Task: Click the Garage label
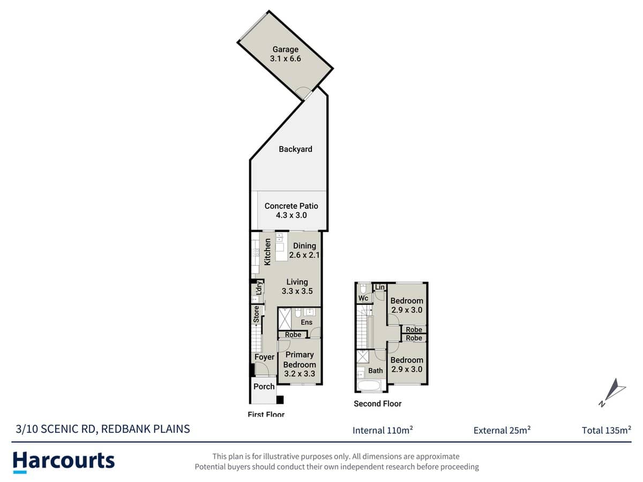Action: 285,49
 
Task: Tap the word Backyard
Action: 295,149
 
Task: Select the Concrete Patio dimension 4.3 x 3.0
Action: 291,215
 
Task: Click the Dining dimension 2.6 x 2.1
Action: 304,255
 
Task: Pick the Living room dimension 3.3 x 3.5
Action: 297,291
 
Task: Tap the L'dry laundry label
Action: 258,288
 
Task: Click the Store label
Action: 257,314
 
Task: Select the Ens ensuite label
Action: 306,322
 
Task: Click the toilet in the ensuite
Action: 298,313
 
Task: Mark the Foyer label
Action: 264,357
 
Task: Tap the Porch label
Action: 264,387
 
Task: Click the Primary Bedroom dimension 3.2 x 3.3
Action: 300,374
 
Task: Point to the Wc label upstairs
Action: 362,298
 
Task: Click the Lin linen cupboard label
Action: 379,288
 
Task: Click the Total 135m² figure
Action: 606,430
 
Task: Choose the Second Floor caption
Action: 377,404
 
